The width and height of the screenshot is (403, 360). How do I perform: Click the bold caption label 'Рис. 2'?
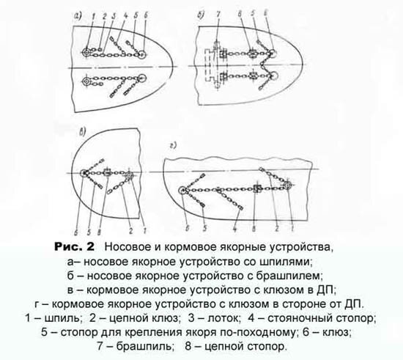[x=74, y=247]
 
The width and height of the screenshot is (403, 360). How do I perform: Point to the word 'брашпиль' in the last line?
[x=144, y=347]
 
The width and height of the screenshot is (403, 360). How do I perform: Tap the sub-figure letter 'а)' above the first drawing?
[x=78, y=17]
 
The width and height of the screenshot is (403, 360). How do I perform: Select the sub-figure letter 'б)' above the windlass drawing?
[x=202, y=15]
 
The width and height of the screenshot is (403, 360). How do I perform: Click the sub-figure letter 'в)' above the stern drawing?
[x=82, y=133]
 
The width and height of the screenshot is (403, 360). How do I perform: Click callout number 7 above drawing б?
[x=218, y=15]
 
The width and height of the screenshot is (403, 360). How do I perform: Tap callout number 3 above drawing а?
[x=114, y=16]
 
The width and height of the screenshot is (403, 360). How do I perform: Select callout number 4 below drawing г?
[x=235, y=229]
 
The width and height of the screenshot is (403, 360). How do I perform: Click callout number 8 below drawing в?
[x=100, y=232]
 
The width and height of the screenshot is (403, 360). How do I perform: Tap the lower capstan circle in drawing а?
[x=86, y=81]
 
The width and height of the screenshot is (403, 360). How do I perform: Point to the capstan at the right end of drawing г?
[x=288, y=185]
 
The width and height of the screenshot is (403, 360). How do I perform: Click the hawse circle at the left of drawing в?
[x=84, y=173]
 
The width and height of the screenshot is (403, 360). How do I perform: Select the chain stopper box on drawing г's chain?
[x=257, y=189]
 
